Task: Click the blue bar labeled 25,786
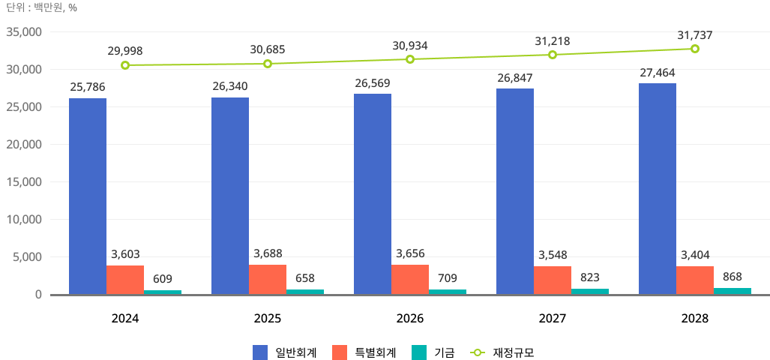click(88, 196)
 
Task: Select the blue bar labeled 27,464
click(658, 189)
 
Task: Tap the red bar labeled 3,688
click(268, 280)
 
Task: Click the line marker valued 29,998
click(125, 65)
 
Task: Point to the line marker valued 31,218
click(553, 54)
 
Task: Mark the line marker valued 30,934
click(410, 58)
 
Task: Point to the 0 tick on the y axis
click(37, 295)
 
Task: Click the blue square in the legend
click(260, 352)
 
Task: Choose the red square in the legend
click(340, 352)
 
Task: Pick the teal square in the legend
click(419, 352)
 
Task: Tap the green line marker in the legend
click(478, 352)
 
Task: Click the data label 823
click(589, 277)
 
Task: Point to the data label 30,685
click(268, 50)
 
